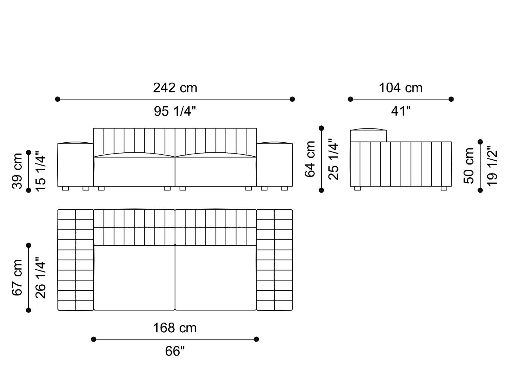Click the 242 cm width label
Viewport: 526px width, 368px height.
tap(175, 88)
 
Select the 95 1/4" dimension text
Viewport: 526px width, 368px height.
tap(175, 111)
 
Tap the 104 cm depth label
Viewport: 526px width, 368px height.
tap(401, 88)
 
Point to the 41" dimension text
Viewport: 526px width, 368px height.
tap(401, 111)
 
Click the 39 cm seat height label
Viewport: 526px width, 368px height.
tap(17, 171)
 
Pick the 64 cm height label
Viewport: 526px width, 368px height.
tap(310, 159)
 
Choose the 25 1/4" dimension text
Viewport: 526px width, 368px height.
tap(334, 159)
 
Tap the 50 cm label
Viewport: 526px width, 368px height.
tap(469, 166)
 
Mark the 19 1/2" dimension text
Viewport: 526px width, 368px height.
tap(492, 166)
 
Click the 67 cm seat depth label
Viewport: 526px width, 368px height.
tap(17, 278)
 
